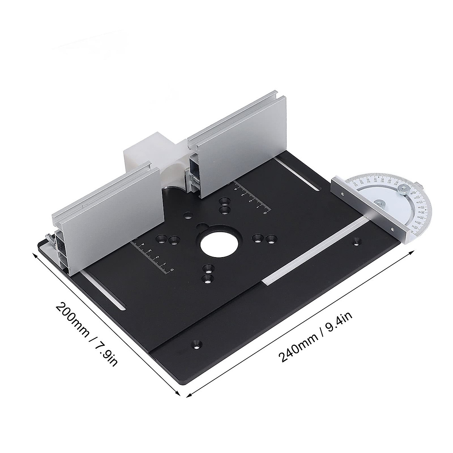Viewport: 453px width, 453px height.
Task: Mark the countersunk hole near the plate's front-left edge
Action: (196, 344)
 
